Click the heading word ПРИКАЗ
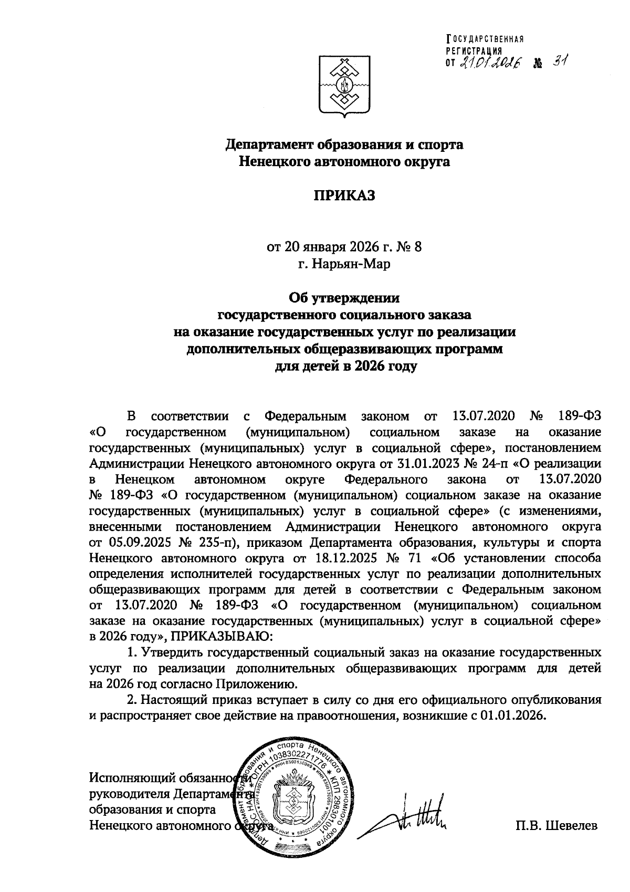(x=345, y=196)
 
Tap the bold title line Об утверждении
(x=345, y=298)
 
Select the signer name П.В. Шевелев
(x=557, y=826)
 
